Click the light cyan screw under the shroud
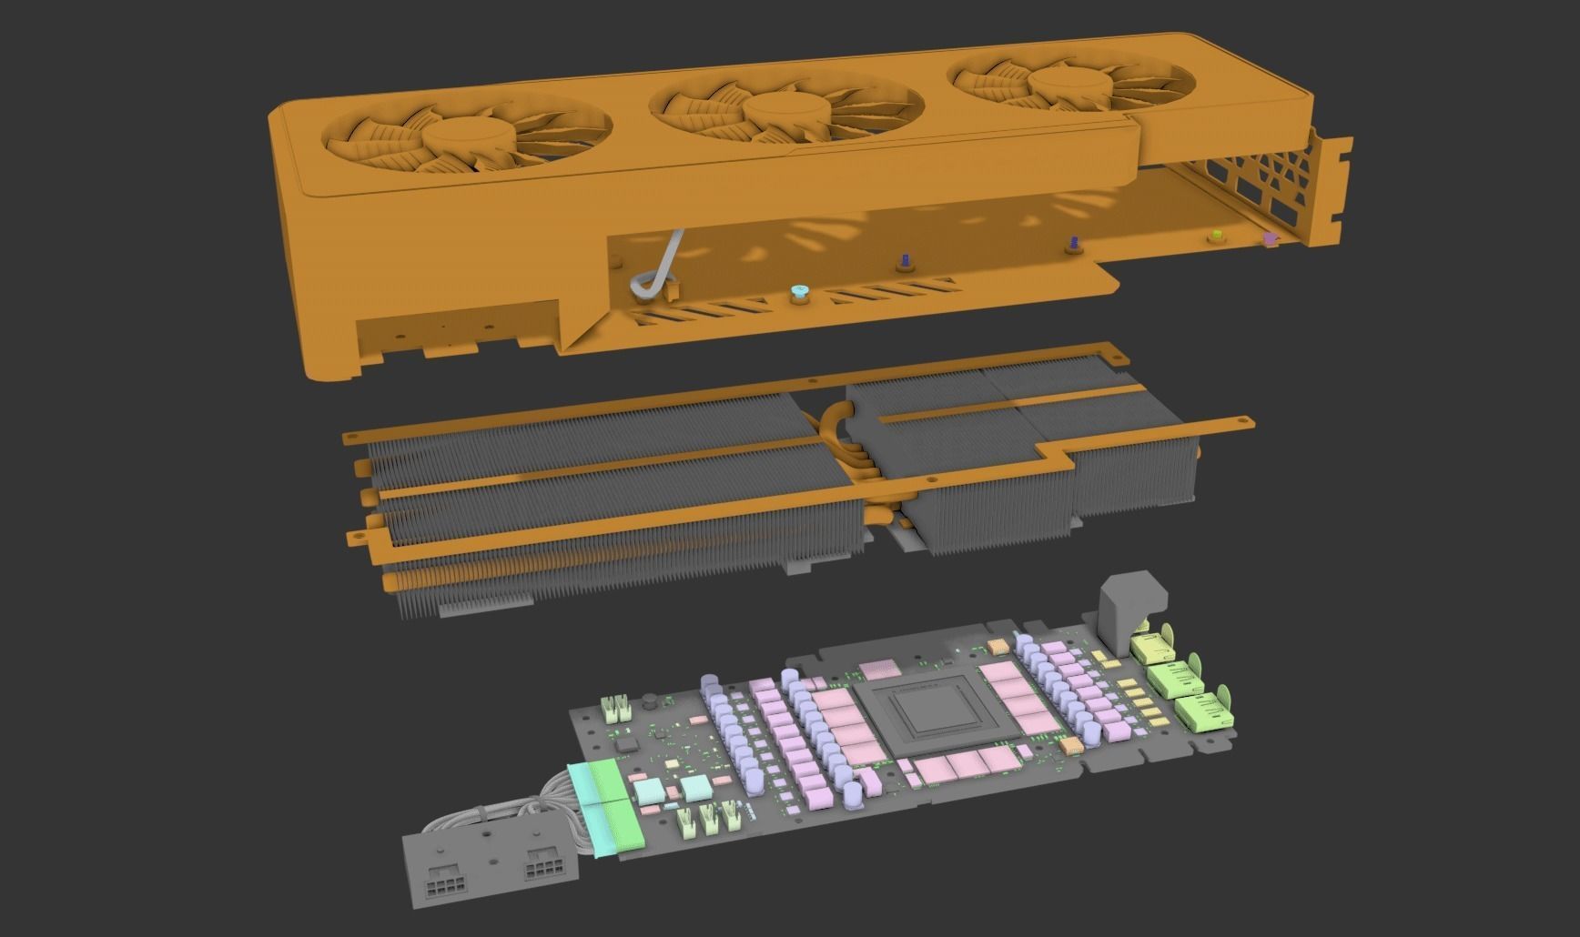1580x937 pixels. point(800,292)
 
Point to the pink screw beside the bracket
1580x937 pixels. point(1271,239)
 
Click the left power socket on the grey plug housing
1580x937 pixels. point(445,882)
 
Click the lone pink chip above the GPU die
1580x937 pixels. point(879,670)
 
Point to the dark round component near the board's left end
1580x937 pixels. point(650,701)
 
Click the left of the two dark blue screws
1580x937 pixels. point(905,262)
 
